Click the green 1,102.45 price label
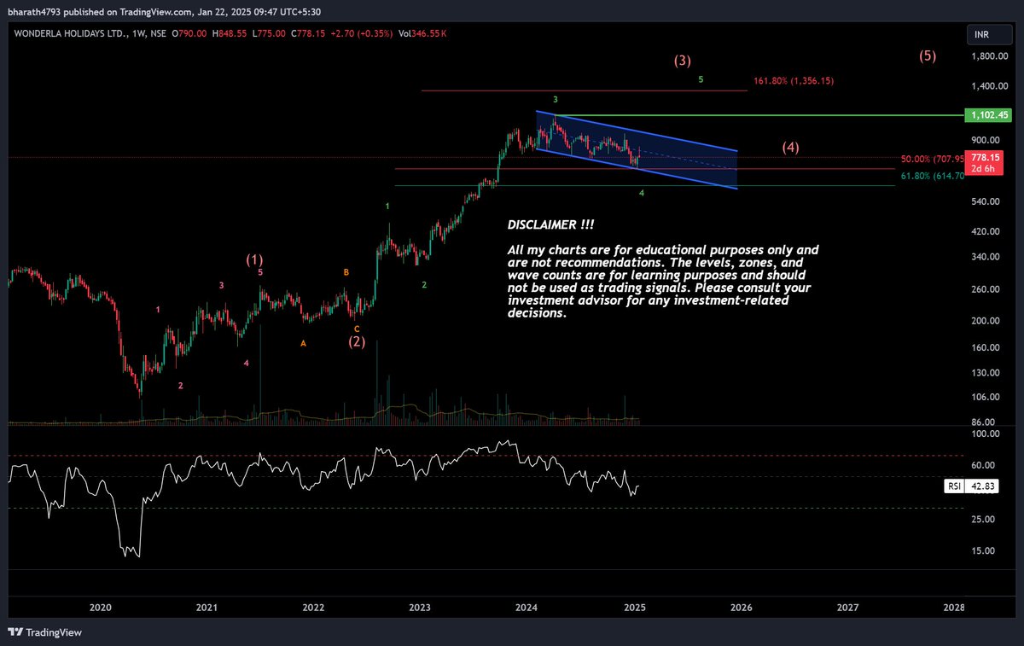pos(986,114)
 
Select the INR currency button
pos(982,35)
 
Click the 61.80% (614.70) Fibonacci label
pos(932,176)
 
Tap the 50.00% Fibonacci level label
pos(932,159)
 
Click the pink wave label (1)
pos(254,259)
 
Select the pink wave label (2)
pos(357,341)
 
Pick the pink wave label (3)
pos(682,61)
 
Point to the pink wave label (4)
pos(790,147)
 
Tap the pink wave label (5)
pos(928,56)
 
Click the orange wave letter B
pos(346,272)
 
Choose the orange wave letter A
pos(303,343)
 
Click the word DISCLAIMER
pos(550,224)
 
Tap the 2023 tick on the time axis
pos(419,608)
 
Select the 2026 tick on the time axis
pos(741,608)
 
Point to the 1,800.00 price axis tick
pos(989,56)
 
